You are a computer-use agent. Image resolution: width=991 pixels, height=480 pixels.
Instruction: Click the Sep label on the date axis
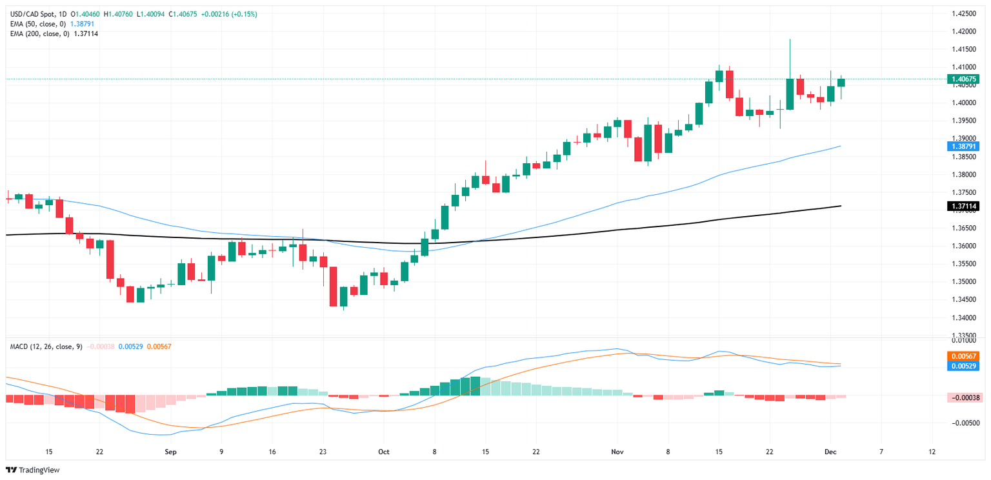click(170, 453)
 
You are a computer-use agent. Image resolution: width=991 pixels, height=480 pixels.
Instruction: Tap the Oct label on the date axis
click(384, 453)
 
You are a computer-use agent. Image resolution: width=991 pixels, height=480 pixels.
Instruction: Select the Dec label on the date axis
click(831, 453)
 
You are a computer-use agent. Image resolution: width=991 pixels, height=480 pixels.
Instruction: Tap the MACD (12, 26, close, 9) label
click(46, 346)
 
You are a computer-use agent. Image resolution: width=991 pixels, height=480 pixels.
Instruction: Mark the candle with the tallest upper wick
click(790, 58)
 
